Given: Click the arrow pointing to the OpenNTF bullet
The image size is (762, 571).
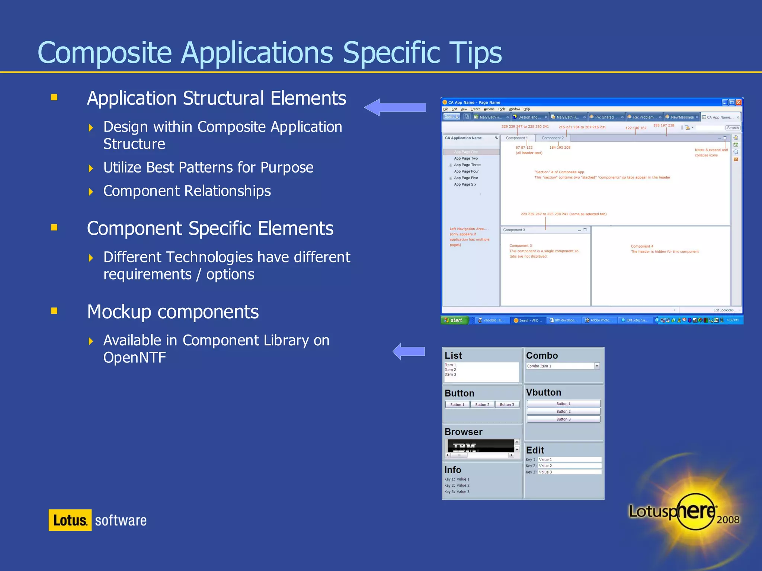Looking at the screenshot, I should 409,351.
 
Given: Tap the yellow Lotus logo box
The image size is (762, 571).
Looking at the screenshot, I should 70,520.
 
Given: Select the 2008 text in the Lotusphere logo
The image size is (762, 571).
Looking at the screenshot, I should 728,519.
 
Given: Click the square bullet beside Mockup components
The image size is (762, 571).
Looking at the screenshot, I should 54,311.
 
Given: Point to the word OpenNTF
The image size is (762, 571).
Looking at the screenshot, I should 134,358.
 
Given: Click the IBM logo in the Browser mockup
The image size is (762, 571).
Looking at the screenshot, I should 464,446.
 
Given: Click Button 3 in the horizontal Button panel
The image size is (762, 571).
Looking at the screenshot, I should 507,404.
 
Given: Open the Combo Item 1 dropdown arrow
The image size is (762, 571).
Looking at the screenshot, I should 597,366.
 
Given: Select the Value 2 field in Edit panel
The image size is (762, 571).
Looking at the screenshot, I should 569,466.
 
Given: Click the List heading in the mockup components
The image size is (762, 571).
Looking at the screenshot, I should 453,355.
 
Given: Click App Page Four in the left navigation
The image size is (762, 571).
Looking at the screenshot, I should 466,171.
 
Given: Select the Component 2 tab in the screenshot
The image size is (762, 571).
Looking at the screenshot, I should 553,138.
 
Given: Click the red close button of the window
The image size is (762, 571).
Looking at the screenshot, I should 739,102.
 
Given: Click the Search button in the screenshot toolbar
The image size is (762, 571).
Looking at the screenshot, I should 733,128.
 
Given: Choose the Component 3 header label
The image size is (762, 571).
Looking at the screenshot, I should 514,230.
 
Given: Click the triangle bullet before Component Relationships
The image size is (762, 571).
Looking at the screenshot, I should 91,192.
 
